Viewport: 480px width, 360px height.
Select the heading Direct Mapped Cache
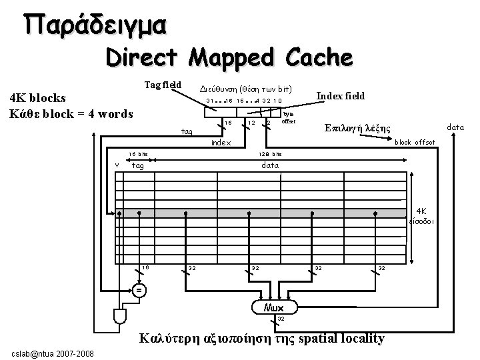[228, 59]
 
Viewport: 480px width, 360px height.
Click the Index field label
[340, 96]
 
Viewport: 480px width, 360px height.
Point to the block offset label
[416, 142]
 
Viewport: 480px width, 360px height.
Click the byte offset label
[288, 118]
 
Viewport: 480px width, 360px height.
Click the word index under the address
[221, 143]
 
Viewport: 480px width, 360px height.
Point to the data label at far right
[455, 126]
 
